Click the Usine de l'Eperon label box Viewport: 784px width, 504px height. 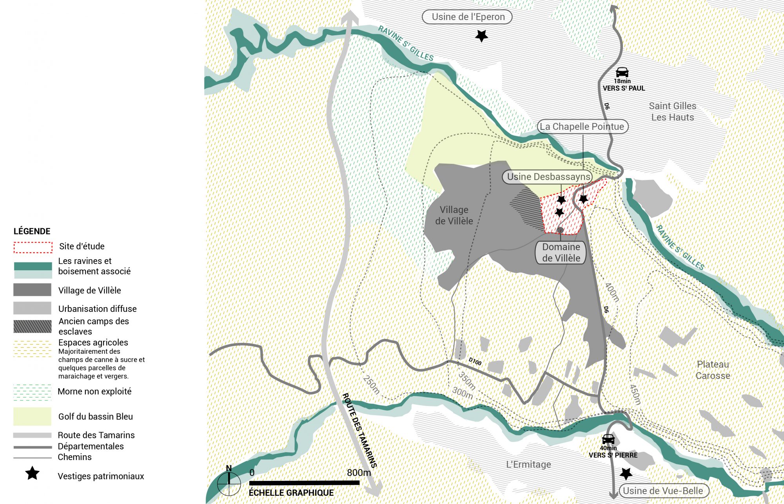(467, 17)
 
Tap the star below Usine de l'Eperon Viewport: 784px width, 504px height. (481, 36)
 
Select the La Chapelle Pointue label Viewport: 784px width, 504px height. (582, 127)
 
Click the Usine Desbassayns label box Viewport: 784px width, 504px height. (548, 177)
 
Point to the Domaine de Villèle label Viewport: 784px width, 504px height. (561, 253)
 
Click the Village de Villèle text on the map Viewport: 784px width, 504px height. (454, 215)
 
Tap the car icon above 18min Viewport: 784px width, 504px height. (622, 72)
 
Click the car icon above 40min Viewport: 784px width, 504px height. (608, 439)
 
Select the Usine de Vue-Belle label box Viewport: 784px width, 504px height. (663, 491)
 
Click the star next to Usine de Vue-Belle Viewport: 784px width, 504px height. (626, 474)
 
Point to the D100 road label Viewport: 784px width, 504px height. (475, 361)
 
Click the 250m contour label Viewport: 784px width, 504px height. (371, 384)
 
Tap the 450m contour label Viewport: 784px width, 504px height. (635, 394)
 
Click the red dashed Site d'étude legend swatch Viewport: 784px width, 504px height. (33, 247)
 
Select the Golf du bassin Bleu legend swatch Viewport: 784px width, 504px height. (32, 416)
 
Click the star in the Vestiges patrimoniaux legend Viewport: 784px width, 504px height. (32, 473)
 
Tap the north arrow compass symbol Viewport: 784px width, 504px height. (229, 483)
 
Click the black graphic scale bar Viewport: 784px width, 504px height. (304, 483)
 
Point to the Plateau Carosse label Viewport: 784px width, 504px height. (713, 370)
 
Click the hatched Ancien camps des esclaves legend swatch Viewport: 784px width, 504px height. (32, 326)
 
